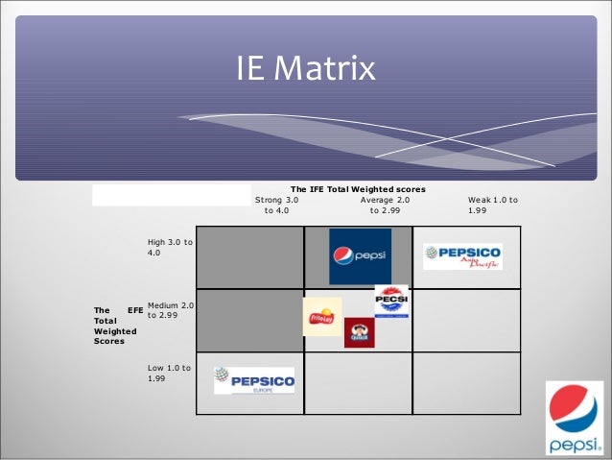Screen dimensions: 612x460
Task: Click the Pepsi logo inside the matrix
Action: tap(360, 256)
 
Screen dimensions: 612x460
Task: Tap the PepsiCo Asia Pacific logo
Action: tap(462, 256)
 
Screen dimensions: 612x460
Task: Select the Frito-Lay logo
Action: tap(322, 317)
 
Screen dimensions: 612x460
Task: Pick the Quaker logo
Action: tap(359, 331)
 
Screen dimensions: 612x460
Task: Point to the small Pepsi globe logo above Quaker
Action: tap(391, 302)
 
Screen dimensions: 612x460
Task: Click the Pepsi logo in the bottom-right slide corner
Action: tap(574, 417)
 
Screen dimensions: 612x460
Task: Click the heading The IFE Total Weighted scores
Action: tap(358, 189)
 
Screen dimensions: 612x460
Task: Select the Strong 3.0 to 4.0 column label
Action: tap(276, 206)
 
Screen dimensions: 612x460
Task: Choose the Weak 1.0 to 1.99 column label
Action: tap(492, 206)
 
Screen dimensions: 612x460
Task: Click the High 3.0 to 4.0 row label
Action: tap(170, 247)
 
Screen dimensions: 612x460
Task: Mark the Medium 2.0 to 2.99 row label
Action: tap(171, 310)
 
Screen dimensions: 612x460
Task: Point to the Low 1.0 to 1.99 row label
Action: tap(169, 374)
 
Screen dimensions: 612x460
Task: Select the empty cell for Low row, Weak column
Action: tap(466, 382)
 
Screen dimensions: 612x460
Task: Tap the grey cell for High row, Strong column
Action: tap(249, 256)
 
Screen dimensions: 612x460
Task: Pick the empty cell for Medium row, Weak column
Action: tap(466, 320)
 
